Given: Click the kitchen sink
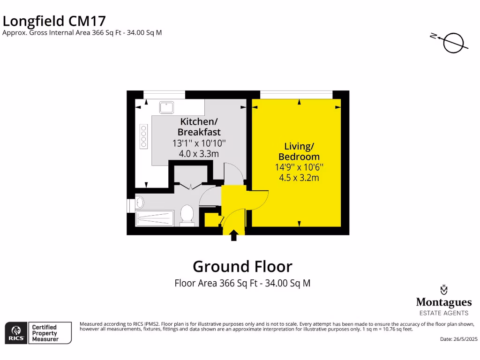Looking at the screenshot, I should point(166,107).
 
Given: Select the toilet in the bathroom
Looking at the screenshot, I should point(187,215).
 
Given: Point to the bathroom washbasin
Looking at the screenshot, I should point(140,202).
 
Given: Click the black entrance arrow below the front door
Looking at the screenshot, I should point(234,235).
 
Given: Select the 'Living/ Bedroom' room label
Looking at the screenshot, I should point(299,151).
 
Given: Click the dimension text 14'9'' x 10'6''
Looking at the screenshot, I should point(299,167).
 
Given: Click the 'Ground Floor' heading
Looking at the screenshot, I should point(242,266).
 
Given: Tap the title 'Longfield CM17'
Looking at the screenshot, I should point(54,21).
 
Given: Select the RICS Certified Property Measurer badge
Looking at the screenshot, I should point(38,333).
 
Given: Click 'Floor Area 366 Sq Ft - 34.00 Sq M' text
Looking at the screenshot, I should point(242,283).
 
